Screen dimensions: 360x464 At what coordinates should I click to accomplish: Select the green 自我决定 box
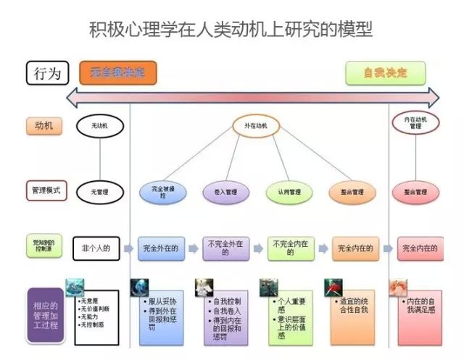(x=385, y=73)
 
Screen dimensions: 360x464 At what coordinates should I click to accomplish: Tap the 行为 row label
(x=47, y=73)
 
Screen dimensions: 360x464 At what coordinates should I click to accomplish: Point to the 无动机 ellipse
(x=99, y=126)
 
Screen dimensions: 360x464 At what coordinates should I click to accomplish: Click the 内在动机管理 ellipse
(x=415, y=122)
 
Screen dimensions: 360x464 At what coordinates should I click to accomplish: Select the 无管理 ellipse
(x=99, y=192)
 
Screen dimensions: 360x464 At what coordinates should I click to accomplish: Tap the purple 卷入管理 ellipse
(x=224, y=192)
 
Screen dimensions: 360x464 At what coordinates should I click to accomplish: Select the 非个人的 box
(x=96, y=248)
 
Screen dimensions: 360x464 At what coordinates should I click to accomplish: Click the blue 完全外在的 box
(x=159, y=248)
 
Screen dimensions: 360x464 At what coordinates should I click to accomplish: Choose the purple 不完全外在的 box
(x=225, y=248)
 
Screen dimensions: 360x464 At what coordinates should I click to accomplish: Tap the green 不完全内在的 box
(x=289, y=248)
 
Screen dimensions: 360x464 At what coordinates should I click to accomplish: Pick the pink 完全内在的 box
(x=420, y=248)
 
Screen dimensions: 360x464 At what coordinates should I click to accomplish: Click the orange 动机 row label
(x=43, y=126)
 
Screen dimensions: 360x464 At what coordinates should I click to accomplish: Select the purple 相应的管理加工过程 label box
(x=48, y=314)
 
